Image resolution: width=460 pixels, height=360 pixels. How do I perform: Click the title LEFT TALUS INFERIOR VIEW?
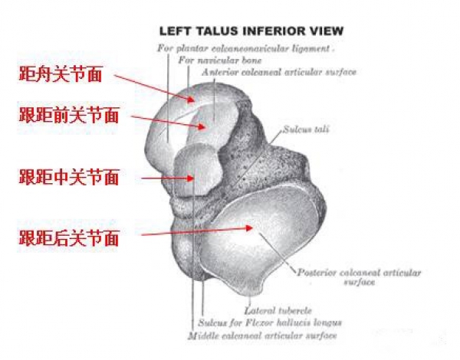coord(251,31)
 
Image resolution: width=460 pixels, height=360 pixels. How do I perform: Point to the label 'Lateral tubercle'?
coord(277,310)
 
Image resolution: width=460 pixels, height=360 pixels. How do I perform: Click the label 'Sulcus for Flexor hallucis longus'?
coord(269,322)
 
